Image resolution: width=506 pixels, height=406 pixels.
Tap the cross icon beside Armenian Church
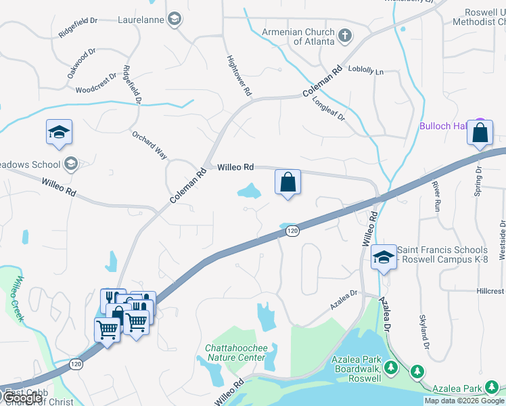coord(344,35)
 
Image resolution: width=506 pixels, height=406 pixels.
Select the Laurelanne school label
coord(141,20)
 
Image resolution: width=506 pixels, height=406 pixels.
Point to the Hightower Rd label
coord(238,74)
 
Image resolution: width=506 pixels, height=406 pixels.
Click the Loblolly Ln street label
coord(365,70)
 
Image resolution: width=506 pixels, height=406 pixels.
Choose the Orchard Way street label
coord(149,145)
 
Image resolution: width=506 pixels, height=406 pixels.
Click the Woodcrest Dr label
coord(97,85)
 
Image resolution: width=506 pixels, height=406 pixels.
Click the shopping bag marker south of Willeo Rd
coord(287,182)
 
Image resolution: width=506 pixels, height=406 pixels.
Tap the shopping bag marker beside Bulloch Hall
coord(480,133)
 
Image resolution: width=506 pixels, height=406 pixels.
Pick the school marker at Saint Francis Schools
coord(384,258)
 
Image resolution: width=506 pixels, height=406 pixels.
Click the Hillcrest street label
coord(489,290)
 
